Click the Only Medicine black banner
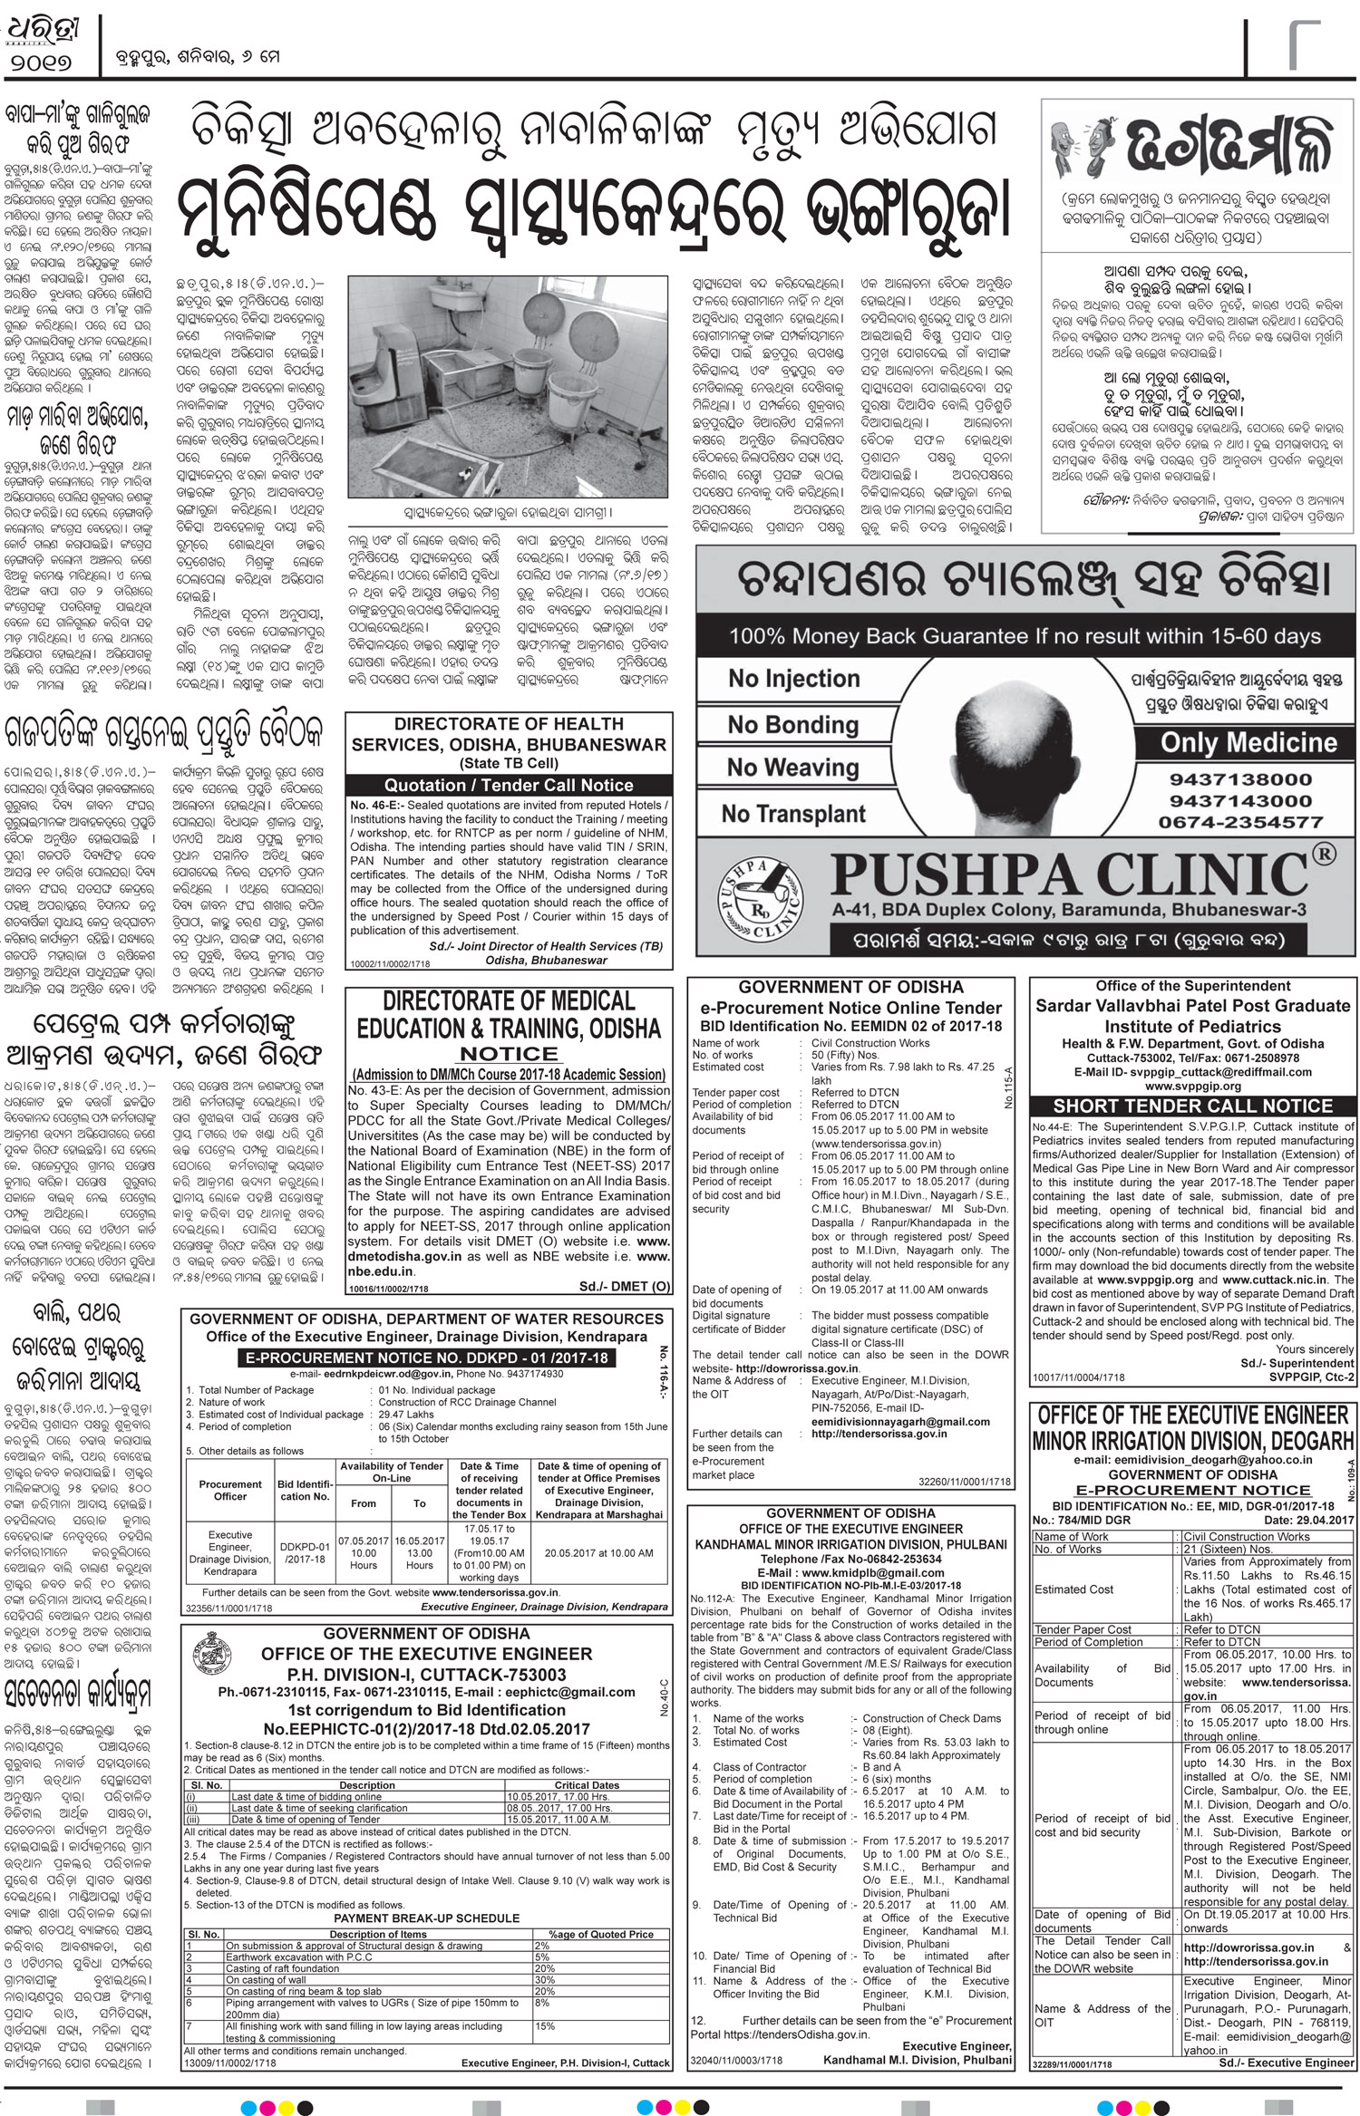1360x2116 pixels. click(1248, 742)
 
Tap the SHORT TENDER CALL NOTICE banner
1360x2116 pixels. click(1193, 1106)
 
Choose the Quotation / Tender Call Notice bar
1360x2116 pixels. click(509, 785)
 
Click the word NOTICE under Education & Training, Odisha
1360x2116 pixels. click(509, 1054)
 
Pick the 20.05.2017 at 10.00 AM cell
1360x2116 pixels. click(598, 1552)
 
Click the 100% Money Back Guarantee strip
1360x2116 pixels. click(1024, 636)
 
